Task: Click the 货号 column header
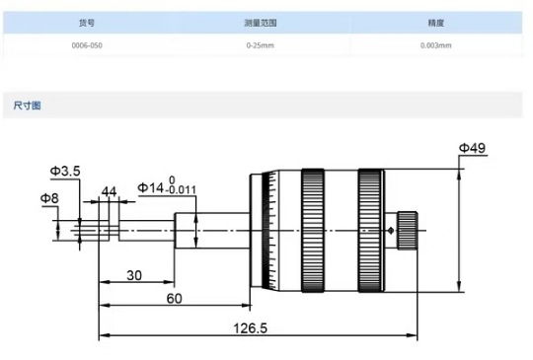click(x=87, y=23)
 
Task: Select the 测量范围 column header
click(x=261, y=23)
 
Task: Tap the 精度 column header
click(x=436, y=23)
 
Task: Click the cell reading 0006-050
click(x=87, y=45)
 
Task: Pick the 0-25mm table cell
click(x=261, y=45)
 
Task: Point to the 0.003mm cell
click(x=436, y=45)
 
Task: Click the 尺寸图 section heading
click(x=28, y=106)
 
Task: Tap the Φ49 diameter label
click(x=473, y=148)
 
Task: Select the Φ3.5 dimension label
click(x=65, y=171)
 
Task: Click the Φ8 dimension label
click(x=49, y=198)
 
